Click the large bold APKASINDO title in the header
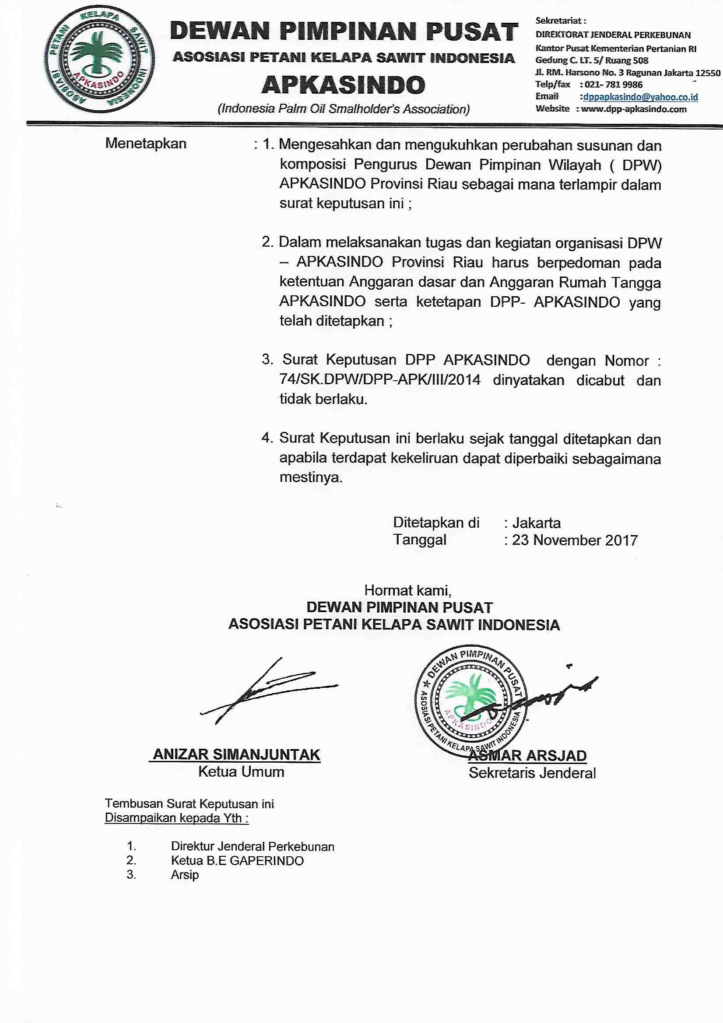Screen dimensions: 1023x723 click(x=343, y=84)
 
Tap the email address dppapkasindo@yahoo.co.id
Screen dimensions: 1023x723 click(x=640, y=97)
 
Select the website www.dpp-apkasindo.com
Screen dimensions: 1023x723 click(x=633, y=109)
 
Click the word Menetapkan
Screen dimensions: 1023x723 click(x=146, y=144)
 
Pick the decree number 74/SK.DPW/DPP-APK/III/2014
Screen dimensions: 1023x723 click(x=380, y=380)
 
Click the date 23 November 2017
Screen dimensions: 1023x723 click(x=575, y=540)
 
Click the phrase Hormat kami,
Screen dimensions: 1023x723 click(x=407, y=590)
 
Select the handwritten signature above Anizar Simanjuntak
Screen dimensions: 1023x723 click(x=267, y=691)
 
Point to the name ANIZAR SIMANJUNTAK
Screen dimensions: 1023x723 click(x=236, y=754)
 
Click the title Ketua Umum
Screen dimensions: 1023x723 click(x=241, y=772)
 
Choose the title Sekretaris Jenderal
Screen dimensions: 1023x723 click(x=532, y=773)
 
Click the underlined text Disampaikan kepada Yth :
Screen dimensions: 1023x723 click(x=176, y=818)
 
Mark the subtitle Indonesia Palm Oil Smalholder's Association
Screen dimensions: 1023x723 click(x=343, y=109)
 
